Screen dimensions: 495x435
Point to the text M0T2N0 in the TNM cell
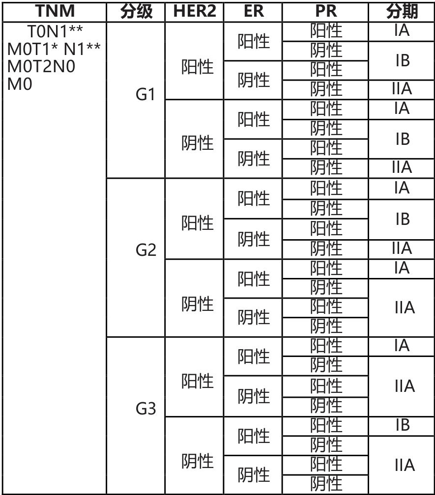(41, 66)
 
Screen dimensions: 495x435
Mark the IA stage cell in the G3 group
(402, 346)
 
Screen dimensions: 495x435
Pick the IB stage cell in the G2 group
(402, 219)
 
